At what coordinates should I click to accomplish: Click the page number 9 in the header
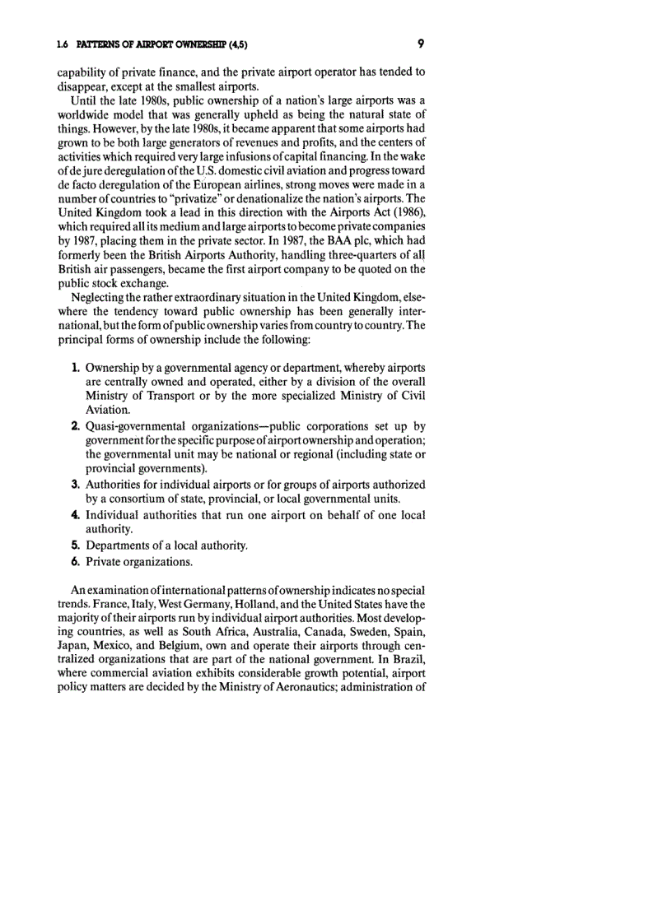pyautogui.click(x=420, y=42)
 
